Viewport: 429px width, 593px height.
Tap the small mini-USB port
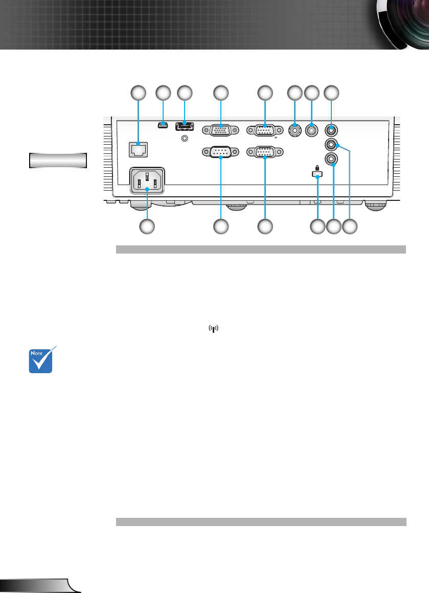pos(163,125)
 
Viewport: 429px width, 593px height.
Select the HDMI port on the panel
pos(185,125)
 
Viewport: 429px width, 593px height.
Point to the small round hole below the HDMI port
pos(185,137)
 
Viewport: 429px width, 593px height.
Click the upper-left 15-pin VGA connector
pos(220,130)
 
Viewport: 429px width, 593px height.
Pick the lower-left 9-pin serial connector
pos(220,152)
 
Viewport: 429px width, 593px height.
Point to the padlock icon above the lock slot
pos(318,168)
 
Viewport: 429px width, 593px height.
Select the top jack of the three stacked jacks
pos(332,130)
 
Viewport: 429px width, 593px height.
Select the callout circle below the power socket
pos(148,226)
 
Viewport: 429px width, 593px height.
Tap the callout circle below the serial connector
pos(220,226)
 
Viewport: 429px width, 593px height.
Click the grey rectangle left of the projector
pos(57,160)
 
